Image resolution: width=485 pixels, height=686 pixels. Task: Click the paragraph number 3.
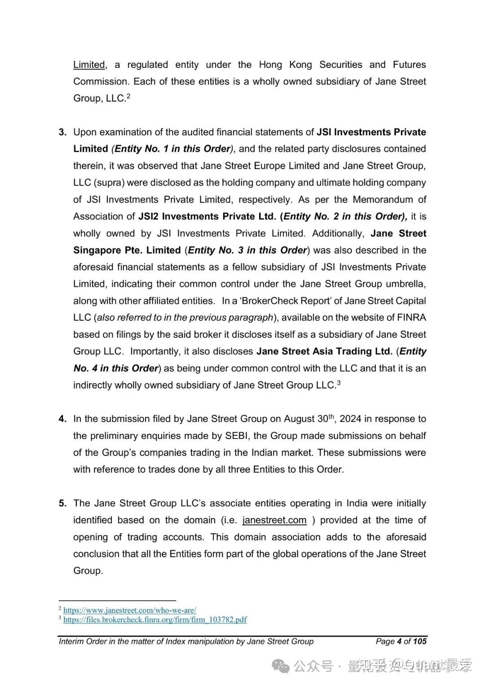(62, 132)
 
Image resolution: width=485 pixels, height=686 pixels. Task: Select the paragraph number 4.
(62, 419)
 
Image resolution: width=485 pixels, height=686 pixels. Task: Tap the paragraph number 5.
(62, 503)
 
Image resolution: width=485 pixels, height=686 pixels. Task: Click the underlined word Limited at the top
(89, 65)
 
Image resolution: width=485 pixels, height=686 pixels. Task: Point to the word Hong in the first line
(270, 65)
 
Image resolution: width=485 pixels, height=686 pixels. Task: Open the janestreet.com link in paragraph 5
(274, 520)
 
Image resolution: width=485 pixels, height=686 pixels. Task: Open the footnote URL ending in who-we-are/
(129, 610)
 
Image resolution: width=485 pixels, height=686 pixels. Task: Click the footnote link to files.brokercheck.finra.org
(154, 620)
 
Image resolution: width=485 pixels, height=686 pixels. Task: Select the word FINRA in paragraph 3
(411, 318)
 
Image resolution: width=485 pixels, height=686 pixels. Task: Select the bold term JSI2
(149, 217)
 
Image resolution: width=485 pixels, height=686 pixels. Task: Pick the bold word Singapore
(97, 250)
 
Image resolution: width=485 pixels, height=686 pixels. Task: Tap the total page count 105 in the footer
(420, 641)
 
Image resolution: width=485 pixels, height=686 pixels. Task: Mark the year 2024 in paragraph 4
(350, 419)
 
